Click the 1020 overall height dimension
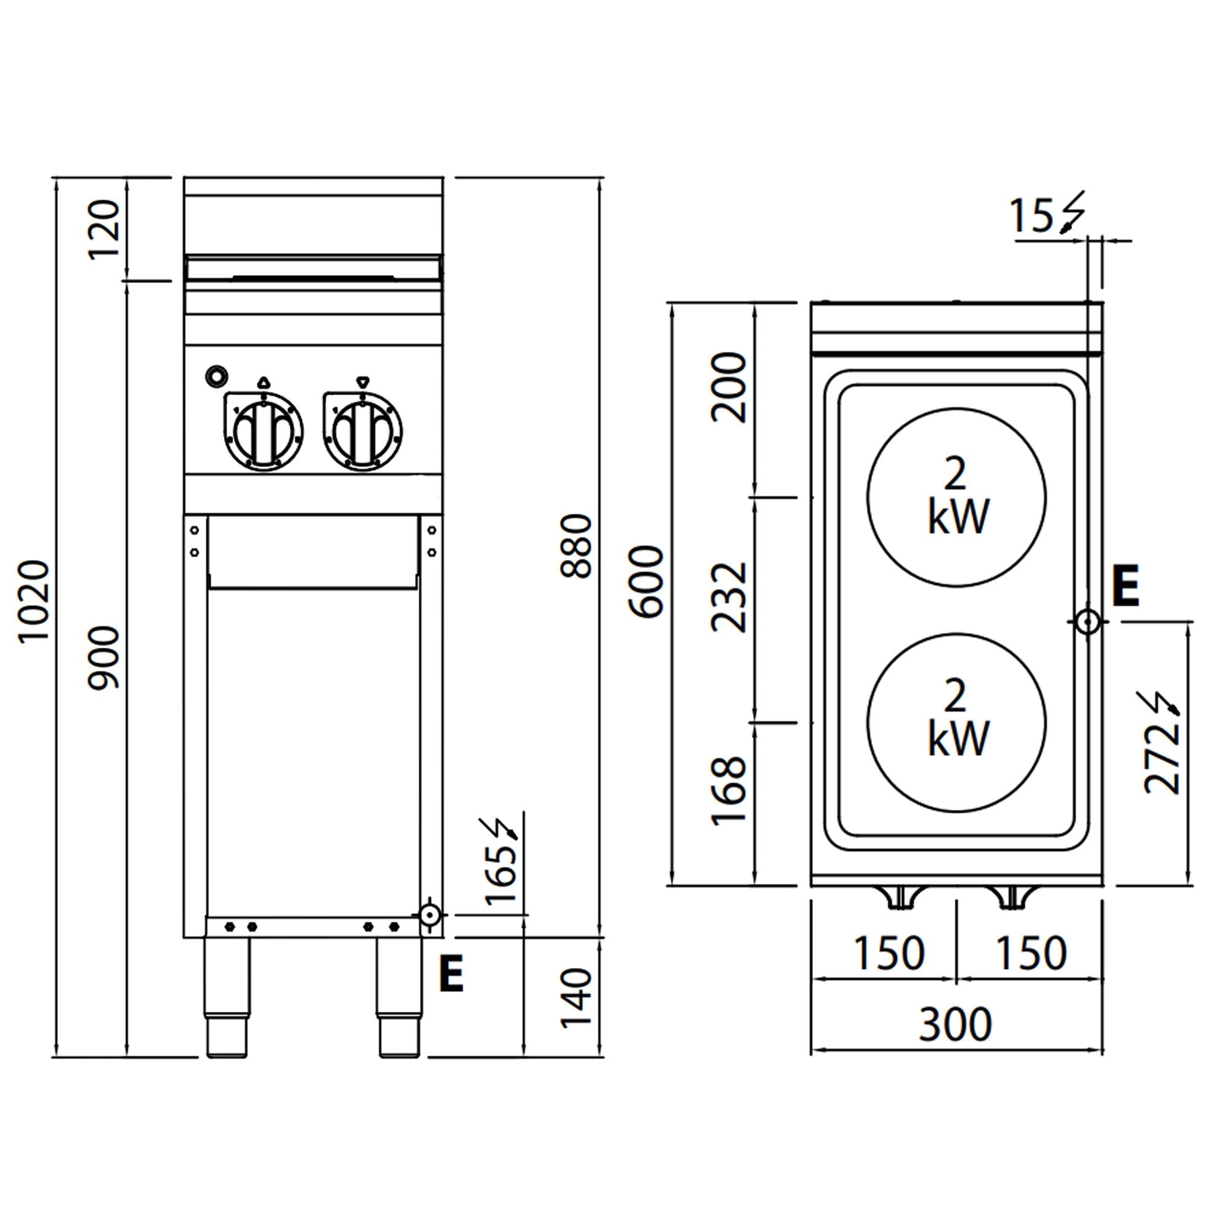coord(34,601)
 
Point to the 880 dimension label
coord(577,546)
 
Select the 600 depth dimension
coord(647,581)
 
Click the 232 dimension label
coord(728,597)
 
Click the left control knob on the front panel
coord(263,430)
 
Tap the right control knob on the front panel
coord(362,430)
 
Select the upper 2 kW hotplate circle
coord(956,496)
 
